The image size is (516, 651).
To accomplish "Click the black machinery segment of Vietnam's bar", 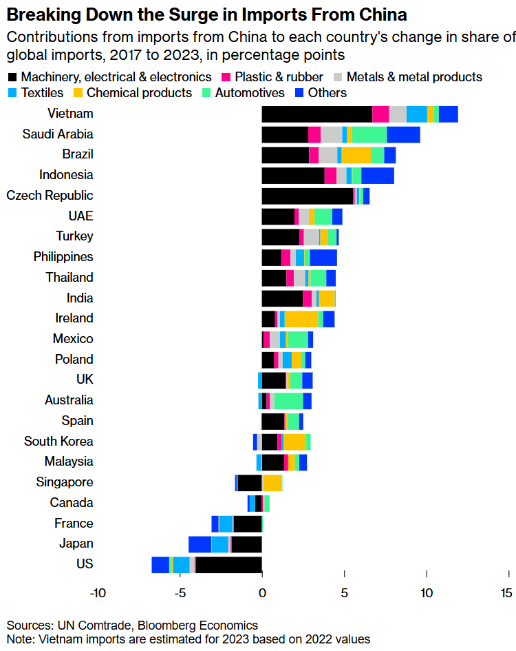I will point(316,114).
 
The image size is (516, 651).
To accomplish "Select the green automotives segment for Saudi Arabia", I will point(369,134).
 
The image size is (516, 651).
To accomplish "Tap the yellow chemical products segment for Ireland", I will point(301,319).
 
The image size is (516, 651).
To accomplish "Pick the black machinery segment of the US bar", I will point(229,565).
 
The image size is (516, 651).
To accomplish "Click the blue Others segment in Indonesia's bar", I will point(378,176).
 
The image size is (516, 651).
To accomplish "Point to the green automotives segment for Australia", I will point(289,401).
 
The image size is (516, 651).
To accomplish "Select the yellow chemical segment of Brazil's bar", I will point(356,155).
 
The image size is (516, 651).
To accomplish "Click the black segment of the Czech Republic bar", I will point(307,196).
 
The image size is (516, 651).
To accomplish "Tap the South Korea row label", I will point(58,442).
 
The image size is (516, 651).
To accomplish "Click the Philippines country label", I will point(63,257).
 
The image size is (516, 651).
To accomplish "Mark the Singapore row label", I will point(65,482).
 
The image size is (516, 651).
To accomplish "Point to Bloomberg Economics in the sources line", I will point(198,626).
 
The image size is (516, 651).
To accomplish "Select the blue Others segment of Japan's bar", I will point(200,544).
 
